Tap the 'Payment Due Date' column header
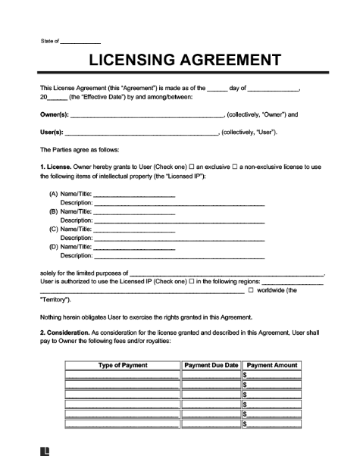(x=211, y=365)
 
